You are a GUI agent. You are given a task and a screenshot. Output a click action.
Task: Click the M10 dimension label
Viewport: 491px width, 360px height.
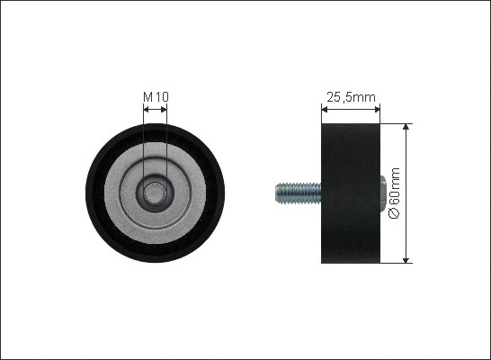(156, 96)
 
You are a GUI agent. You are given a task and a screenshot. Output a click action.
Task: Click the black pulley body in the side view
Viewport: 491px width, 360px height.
(352, 193)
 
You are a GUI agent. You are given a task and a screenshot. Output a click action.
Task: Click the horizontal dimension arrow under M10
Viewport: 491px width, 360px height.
(156, 108)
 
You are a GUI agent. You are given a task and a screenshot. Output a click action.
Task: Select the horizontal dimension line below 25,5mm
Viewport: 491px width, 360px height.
(352, 108)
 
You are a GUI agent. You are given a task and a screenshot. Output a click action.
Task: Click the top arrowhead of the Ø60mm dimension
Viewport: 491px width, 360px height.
(407, 127)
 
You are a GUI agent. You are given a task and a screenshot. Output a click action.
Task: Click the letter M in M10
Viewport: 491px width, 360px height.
(148, 96)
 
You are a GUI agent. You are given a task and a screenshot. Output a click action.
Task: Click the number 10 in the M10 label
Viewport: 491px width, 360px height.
(161, 96)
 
